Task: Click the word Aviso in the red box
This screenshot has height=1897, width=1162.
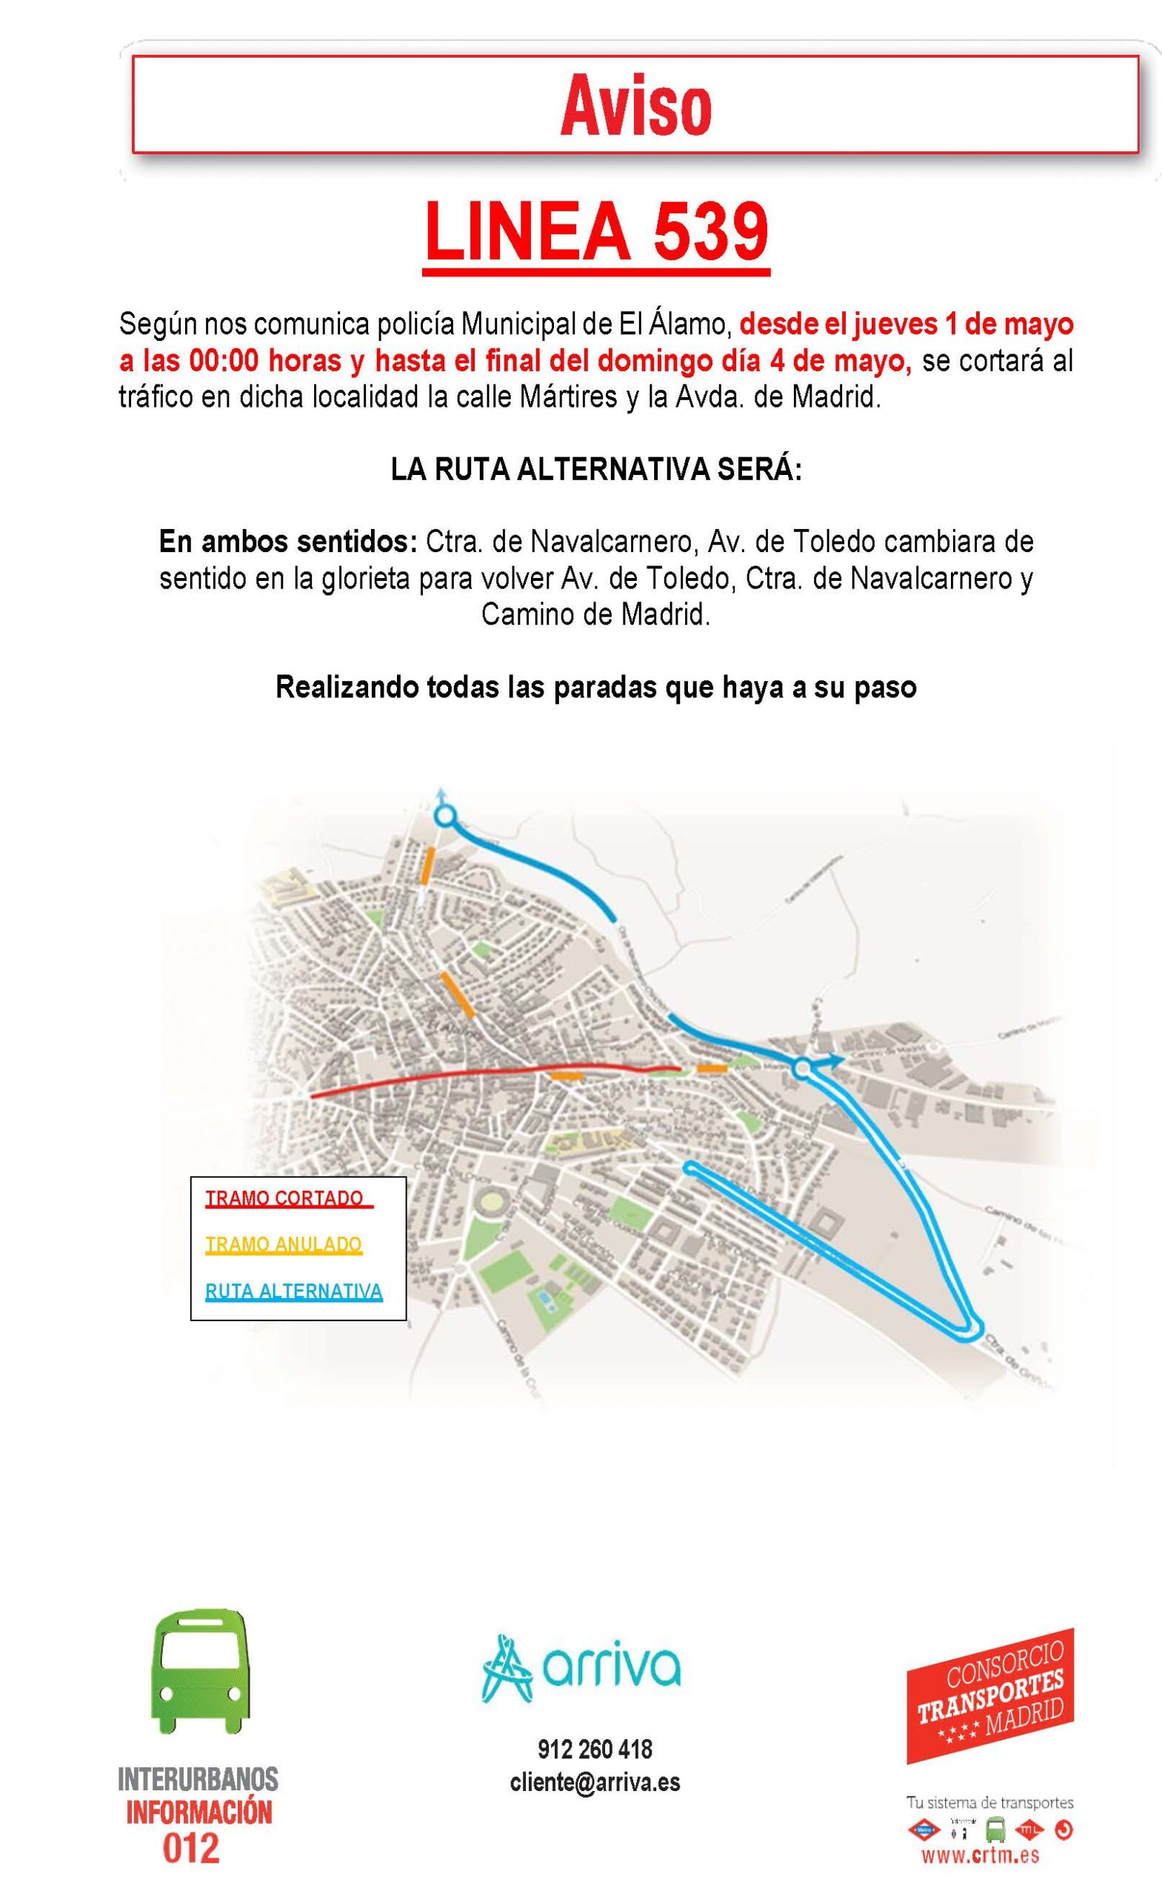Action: (635, 107)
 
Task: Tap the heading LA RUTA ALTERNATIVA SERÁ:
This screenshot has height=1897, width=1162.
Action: (595, 470)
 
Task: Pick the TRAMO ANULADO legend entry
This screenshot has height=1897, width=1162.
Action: (283, 1245)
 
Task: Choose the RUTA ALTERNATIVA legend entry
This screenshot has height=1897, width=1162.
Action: (293, 1291)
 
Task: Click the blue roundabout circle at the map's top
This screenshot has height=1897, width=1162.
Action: (446, 815)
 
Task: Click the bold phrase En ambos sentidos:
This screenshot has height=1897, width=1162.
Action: (288, 542)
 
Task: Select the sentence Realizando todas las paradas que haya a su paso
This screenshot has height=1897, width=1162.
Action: (595, 687)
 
